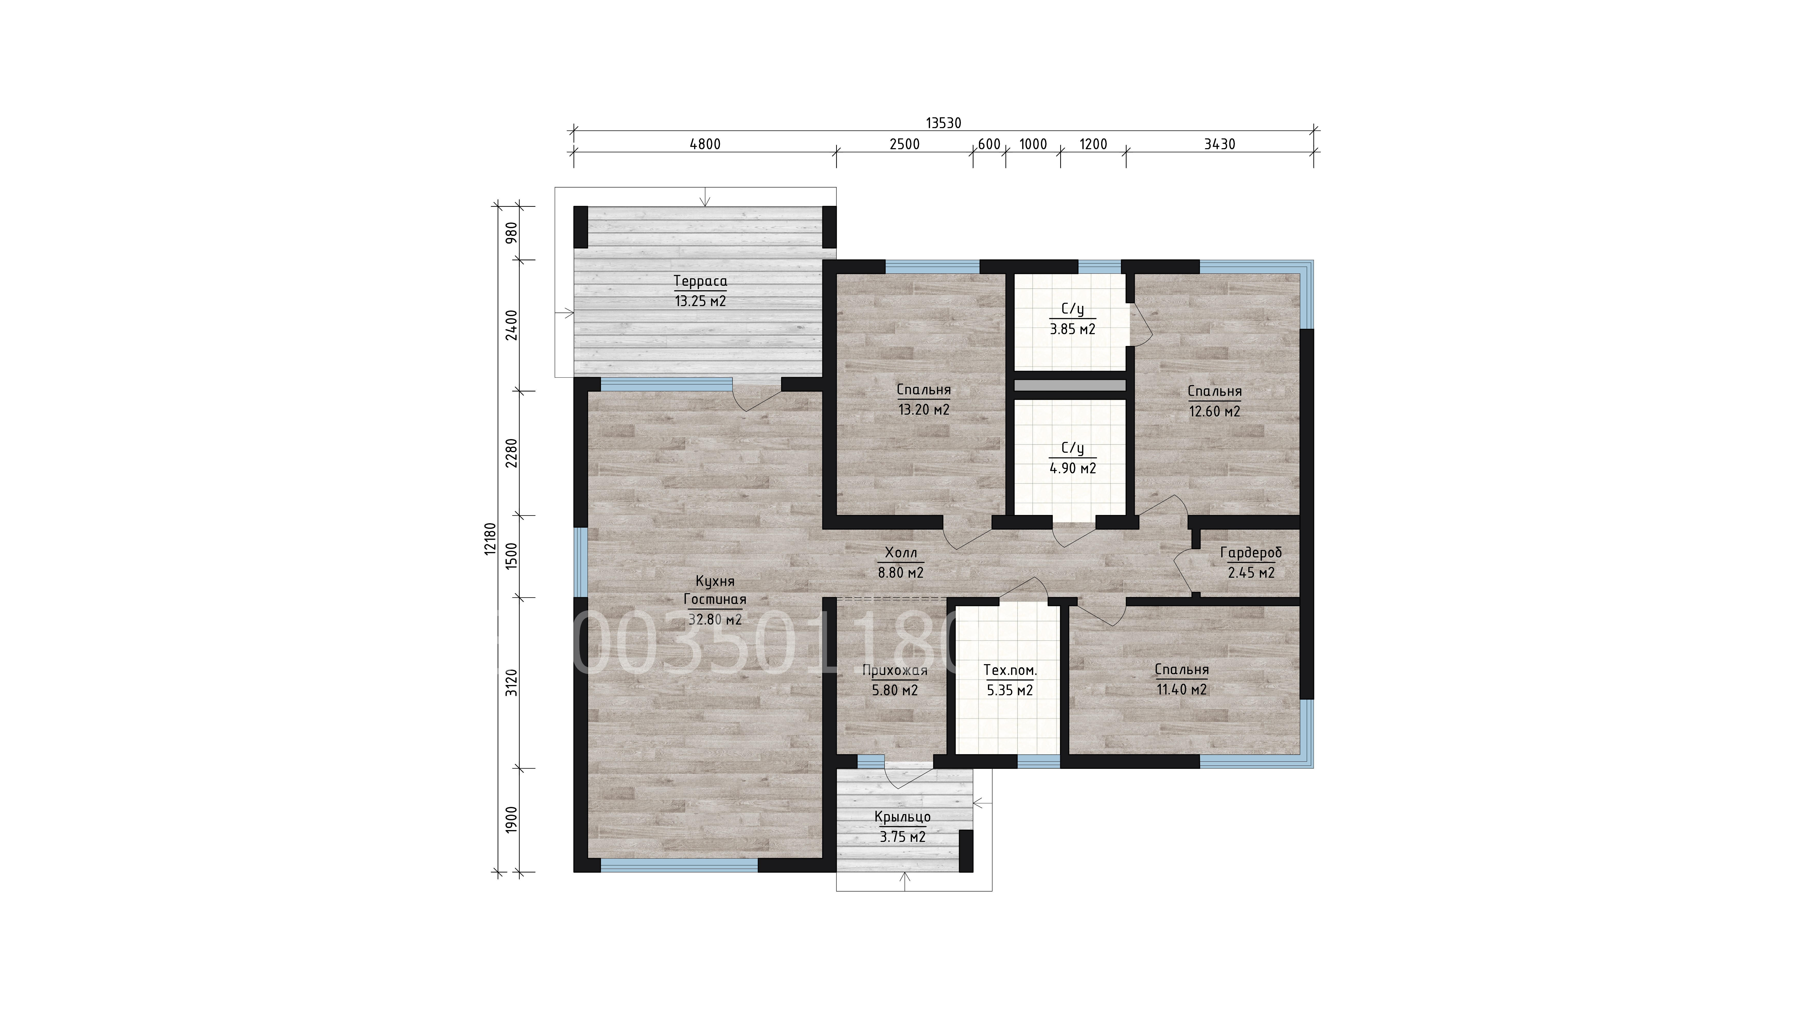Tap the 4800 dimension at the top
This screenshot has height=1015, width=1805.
pos(705,144)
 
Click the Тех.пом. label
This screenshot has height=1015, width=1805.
pos(1010,670)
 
